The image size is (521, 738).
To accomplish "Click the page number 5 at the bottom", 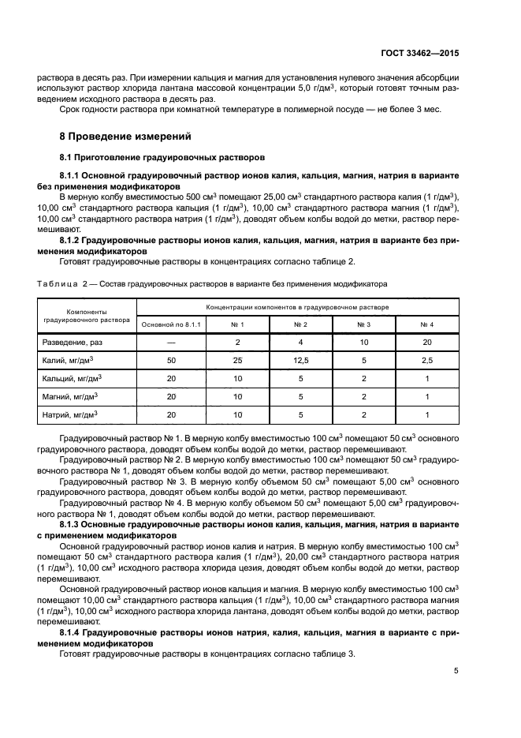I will point(456,671).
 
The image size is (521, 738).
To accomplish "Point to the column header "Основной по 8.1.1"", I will point(171,324).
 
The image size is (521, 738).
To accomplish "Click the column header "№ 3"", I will point(363,324).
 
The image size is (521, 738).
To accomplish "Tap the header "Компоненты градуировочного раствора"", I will point(87,316).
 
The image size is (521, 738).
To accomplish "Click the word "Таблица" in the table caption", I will point(58,283).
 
